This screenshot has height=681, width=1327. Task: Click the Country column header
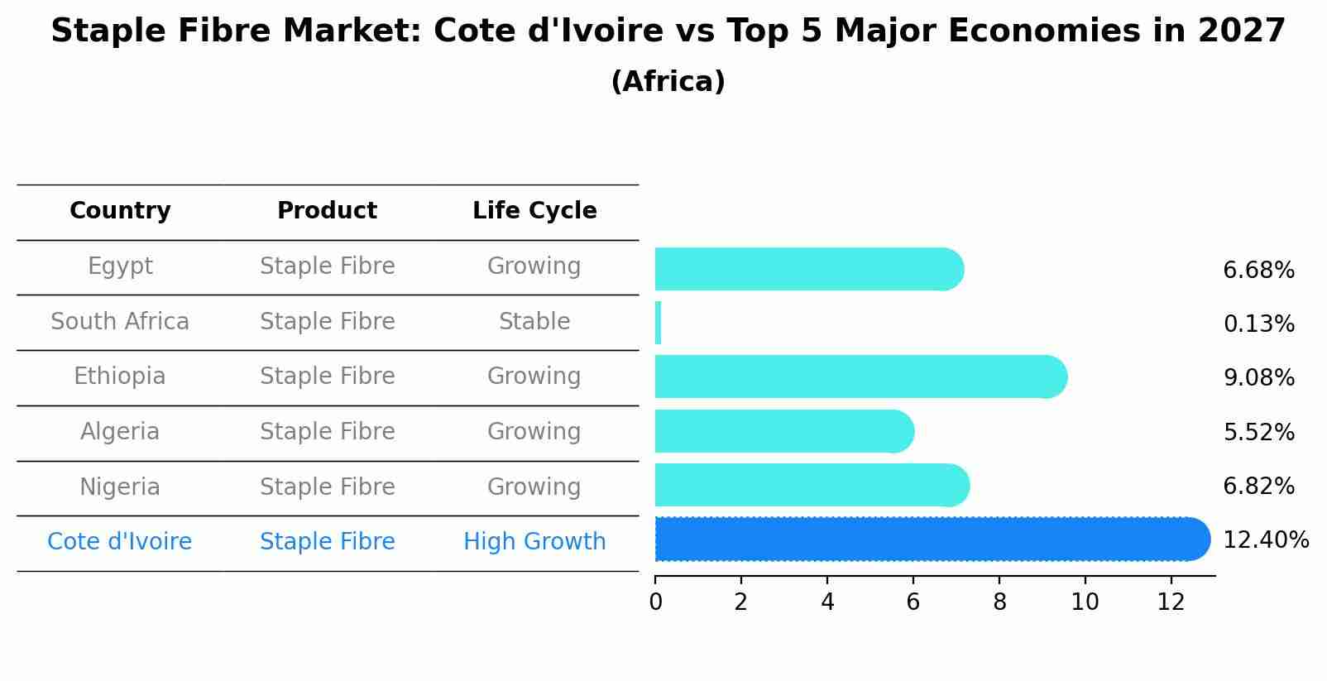tap(120, 211)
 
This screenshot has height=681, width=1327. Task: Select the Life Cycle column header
tap(534, 211)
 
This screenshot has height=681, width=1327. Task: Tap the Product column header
tap(327, 211)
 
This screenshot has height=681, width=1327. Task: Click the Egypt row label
tap(120, 266)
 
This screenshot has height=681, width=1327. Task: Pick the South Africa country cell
tap(120, 322)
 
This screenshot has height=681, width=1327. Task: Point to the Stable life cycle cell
tap(534, 322)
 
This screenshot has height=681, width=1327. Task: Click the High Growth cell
tap(534, 542)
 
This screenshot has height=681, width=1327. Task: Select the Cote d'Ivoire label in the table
tap(120, 542)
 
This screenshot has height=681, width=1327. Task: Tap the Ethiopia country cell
tap(120, 376)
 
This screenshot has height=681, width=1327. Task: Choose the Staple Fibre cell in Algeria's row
tap(327, 432)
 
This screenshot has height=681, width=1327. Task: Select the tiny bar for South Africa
tap(659, 323)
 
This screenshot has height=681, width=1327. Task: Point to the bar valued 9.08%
tap(860, 377)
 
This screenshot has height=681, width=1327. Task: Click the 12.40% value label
tap(1266, 540)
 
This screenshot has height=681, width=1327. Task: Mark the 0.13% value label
tap(1258, 324)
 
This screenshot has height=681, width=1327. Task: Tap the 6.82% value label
tap(1258, 487)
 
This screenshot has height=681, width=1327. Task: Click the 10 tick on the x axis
tap(1085, 602)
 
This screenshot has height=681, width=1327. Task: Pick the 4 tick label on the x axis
tap(827, 602)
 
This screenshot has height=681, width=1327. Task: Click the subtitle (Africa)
tap(668, 82)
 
